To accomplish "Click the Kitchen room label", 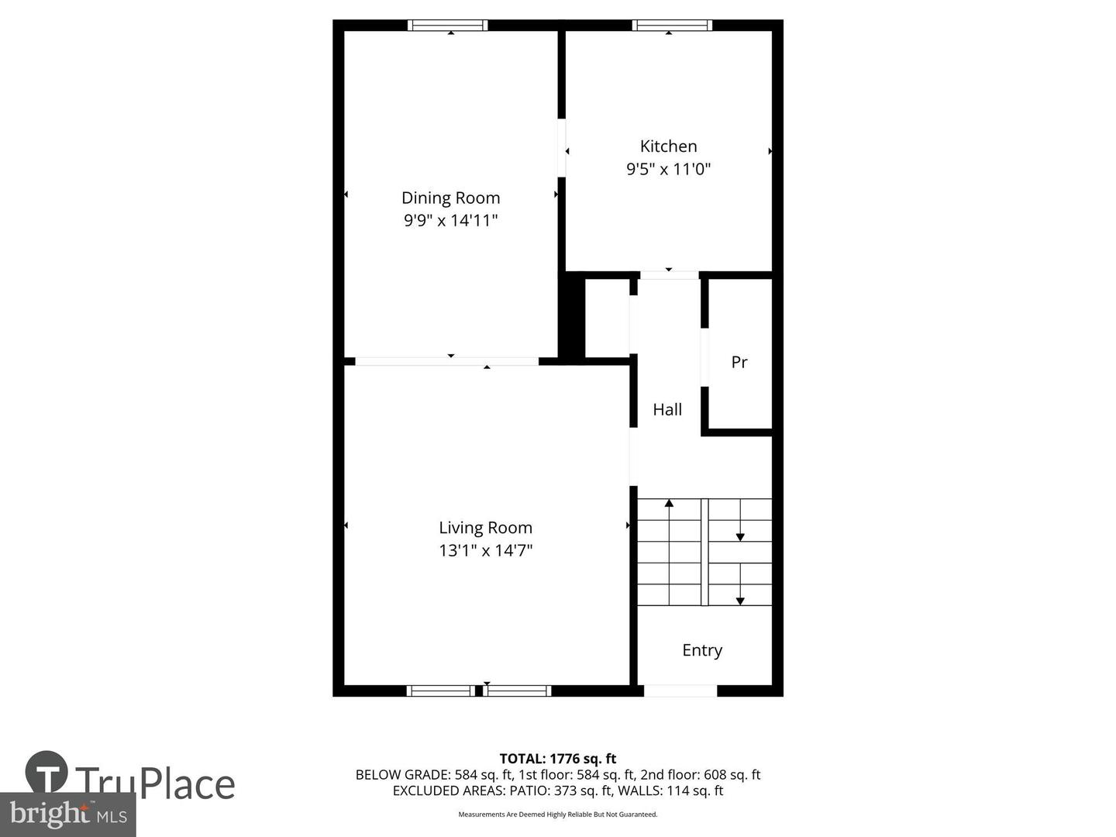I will (668, 146).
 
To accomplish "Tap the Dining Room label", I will (450, 198).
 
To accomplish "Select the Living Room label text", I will (485, 528).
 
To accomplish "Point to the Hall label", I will (667, 410).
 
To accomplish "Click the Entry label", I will (702, 650).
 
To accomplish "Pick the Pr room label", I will (739, 362).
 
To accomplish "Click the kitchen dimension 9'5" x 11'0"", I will (668, 169).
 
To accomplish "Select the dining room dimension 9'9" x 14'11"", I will (450, 221).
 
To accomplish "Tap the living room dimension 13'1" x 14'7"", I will (485, 551).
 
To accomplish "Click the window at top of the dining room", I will (448, 26).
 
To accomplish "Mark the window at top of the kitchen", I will (672, 26).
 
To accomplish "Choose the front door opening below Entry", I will (680, 691).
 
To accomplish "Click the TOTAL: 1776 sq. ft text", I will (557, 759).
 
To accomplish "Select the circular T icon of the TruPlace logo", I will (46, 772).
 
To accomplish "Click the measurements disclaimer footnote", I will (557, 815).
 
